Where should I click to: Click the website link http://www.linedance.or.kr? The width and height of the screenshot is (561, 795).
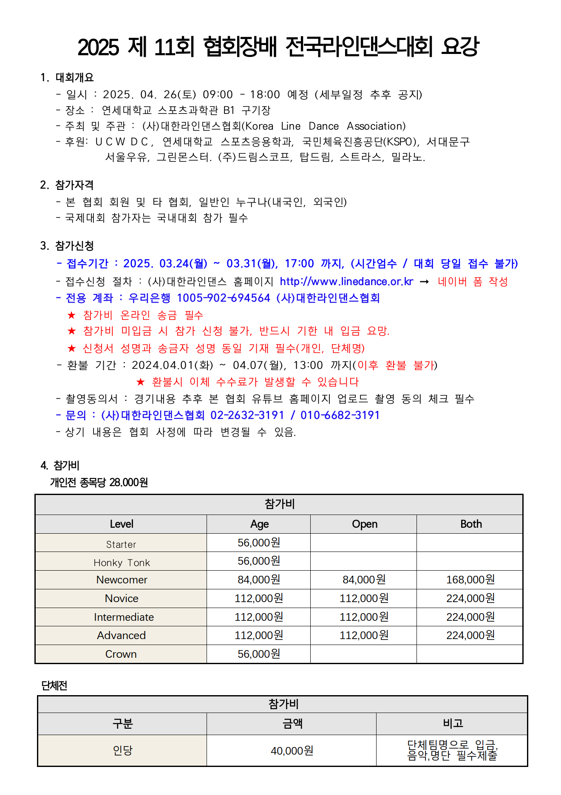tap(346, 282)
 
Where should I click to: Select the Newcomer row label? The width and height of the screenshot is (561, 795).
tap(122, 580)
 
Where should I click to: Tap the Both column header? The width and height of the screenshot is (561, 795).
tap(471, 524)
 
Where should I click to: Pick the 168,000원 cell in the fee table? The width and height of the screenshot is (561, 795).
tap(470, 580)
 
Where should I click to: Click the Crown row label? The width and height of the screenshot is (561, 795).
tap(121, 654)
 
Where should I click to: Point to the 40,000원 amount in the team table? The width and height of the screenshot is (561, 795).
tap(292, 751)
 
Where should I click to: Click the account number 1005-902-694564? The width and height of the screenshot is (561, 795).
tap(224, 298)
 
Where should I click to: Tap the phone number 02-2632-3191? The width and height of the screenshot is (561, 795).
tap(247, 415)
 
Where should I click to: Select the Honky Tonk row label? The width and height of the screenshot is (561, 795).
tap(122, 563)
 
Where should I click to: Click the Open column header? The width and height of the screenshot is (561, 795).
tap(365, 524)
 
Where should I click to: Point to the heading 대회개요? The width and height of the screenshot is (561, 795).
tap(74, 77)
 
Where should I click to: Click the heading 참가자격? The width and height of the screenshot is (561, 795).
tap(74, 185)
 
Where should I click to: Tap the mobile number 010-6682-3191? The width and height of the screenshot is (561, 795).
tap(340, 415)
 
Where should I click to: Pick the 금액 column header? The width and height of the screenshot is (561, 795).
tap(292, 723)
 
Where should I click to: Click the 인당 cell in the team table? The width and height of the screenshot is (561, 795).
tap(122, 750)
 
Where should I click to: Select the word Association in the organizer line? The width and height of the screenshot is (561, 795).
tap(376, 126)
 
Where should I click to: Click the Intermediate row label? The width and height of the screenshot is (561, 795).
tap(124, 617)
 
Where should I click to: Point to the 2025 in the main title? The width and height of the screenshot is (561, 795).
tap(98, 47)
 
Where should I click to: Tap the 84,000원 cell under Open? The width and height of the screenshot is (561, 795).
tap(364, 580)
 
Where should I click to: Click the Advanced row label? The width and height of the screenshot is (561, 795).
tap(121, 635)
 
